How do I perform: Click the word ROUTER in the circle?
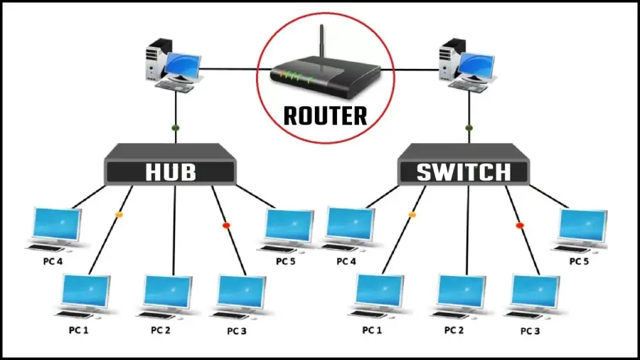pos(325,115)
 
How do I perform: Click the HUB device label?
pos(170,172)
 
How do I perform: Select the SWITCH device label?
pos(462,172)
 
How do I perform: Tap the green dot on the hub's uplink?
pos(175,129)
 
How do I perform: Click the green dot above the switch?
pos(468,129)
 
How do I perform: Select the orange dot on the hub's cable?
pos(119,213)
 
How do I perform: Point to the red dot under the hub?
pos(226,225)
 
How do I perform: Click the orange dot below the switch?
pos(412,213)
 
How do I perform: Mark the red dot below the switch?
pos(519,225)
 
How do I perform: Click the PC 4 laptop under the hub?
pos(55,228)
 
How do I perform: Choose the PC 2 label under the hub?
pos(161,330)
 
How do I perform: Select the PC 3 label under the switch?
pos(530,331)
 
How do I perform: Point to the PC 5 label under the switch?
pos(580,261)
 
